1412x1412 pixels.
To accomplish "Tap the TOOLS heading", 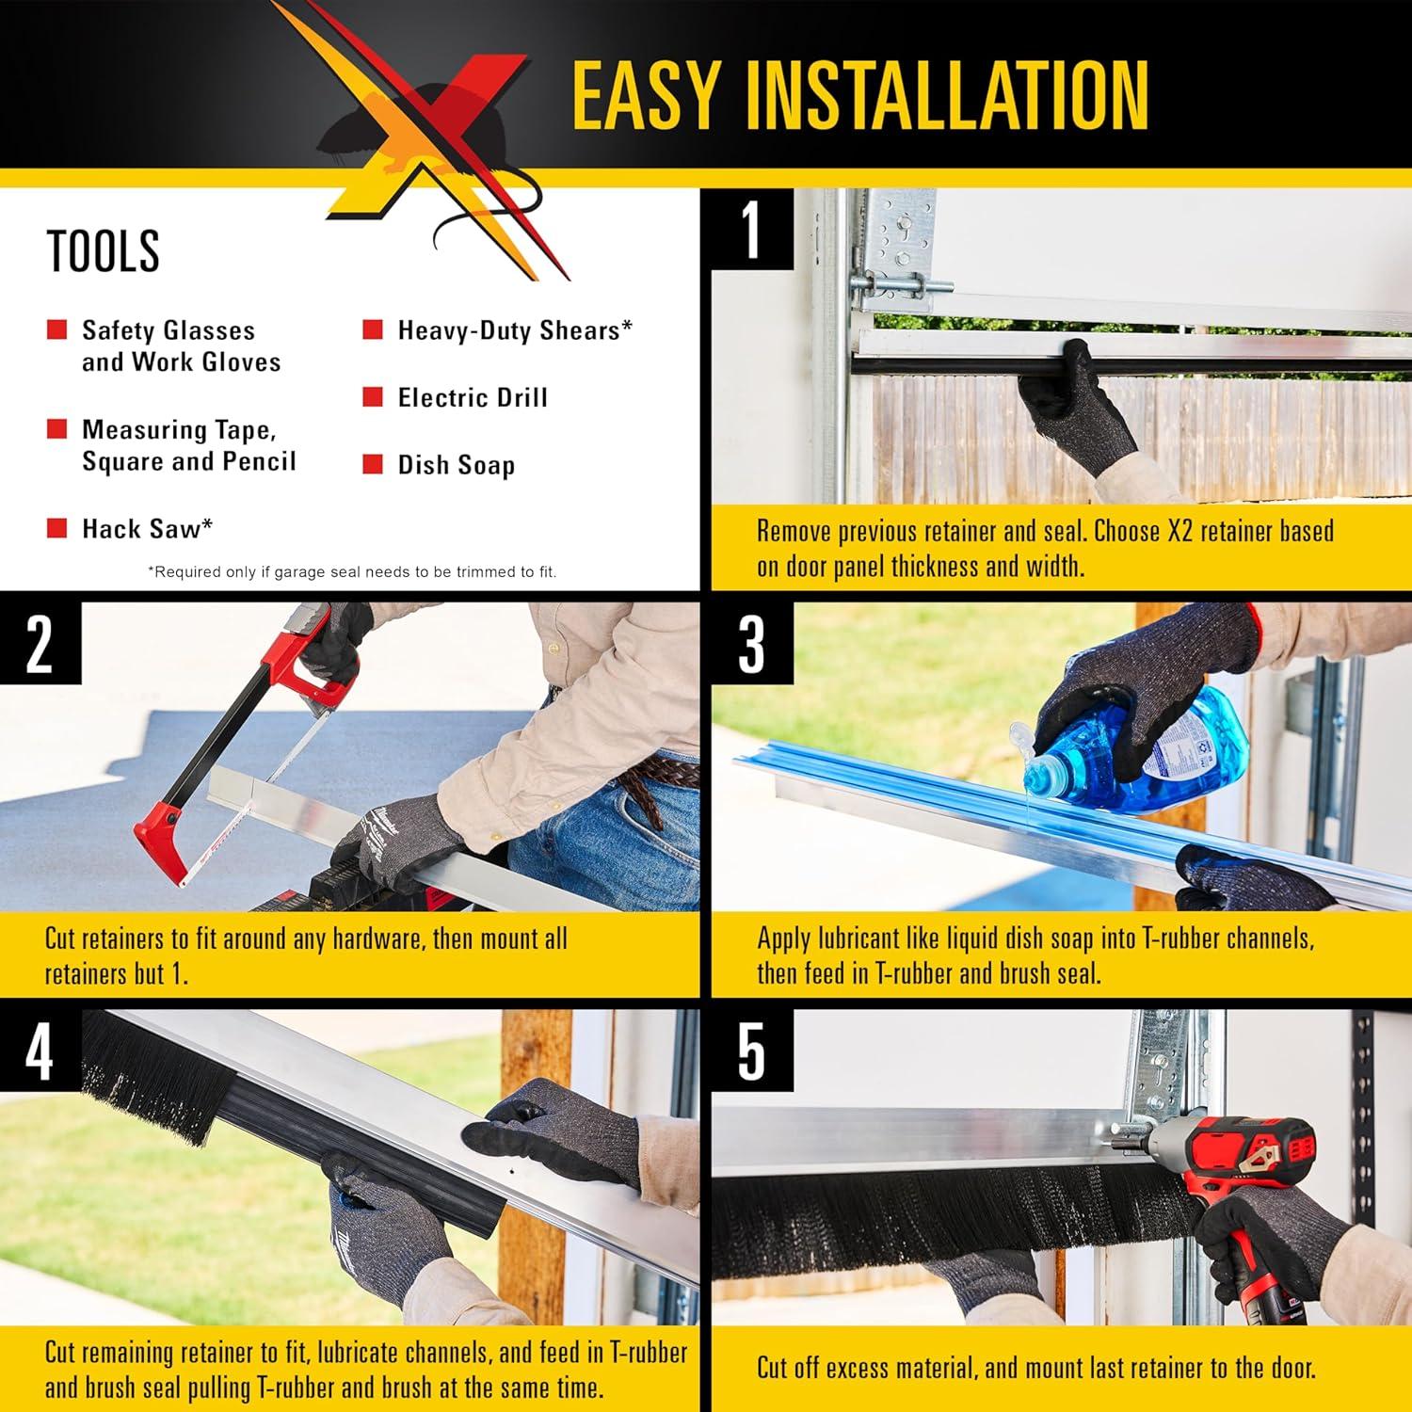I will tap(103, 250).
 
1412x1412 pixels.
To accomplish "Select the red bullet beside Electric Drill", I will tap(373, 397).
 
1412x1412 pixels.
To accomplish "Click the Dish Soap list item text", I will tap(456, 465).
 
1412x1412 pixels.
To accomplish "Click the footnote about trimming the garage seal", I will tap(352, 572).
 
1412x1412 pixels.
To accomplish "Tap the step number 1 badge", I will tap(751, 229).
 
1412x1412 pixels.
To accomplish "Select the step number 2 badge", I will tap(40, 644).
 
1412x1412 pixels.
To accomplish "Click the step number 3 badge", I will tap(751, 644).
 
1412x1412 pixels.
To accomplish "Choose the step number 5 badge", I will tap(751, 1051).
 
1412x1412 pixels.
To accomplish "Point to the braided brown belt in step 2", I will tap(659, 774).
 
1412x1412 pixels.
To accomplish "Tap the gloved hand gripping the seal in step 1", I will tap(1073, 405).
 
